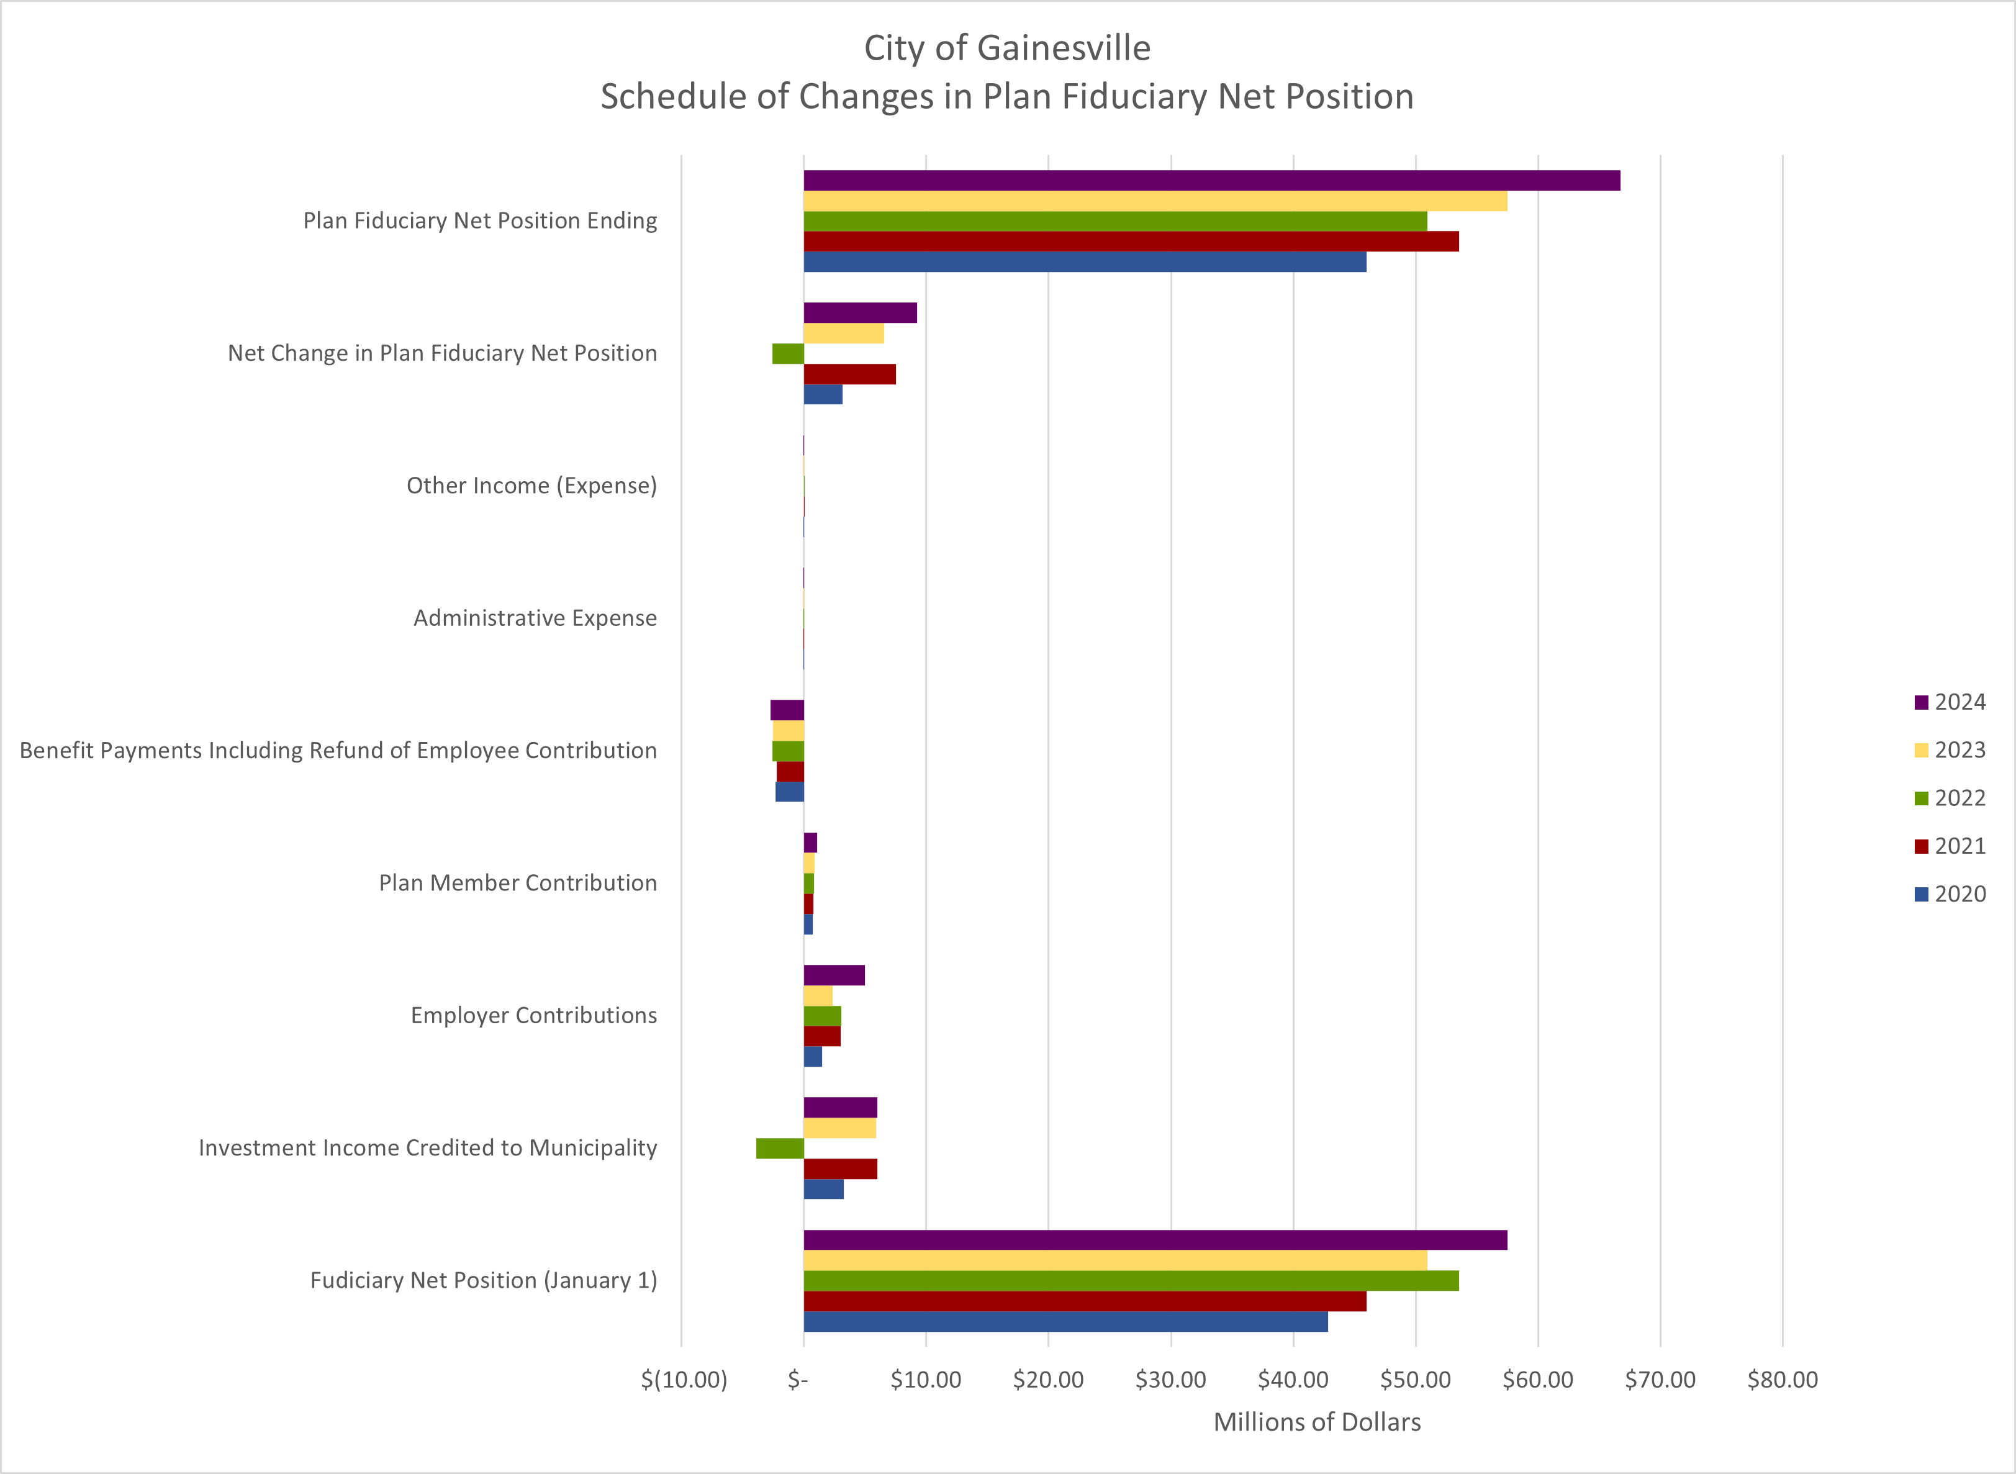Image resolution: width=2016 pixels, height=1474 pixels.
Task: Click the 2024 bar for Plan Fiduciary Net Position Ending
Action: [x=1211, y=180]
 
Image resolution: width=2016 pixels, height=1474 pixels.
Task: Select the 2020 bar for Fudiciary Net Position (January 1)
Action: [x=1065, y=1321]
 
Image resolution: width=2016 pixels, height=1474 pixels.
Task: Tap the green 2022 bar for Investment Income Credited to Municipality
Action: [x=780, y=1148]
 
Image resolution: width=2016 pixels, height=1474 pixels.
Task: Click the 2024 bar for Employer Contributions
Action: [x=834, y=975]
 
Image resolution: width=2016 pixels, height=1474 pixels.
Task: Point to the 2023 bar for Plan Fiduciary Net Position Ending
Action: [x=1155, y=201]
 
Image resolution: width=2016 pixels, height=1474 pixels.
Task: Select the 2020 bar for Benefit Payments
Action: [x=790, y=792]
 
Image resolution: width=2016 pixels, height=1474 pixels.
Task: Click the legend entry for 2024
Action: [x=1950, y=702]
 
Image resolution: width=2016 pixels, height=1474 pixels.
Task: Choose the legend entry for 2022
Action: [x=1950, y=798]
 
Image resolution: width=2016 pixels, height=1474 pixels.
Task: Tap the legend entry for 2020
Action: [x=1950, y=894]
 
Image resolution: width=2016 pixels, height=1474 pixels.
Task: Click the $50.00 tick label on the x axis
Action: [x=1416, y=1380]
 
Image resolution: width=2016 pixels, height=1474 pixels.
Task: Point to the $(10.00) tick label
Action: [x=684, y=1380]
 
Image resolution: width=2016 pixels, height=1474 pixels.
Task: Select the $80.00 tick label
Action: [x=1783, y=1380]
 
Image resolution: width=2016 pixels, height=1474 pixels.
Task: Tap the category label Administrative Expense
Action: [x=535, y=618]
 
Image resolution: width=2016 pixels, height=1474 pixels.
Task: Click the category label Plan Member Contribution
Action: [x=518, y=884]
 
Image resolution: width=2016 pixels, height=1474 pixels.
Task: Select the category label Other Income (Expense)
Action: [x=531, y=486]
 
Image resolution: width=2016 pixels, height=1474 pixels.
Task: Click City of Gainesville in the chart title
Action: [x=1007, y=48]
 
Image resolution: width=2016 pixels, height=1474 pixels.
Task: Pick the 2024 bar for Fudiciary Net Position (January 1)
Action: [x=1155, y=1240]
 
